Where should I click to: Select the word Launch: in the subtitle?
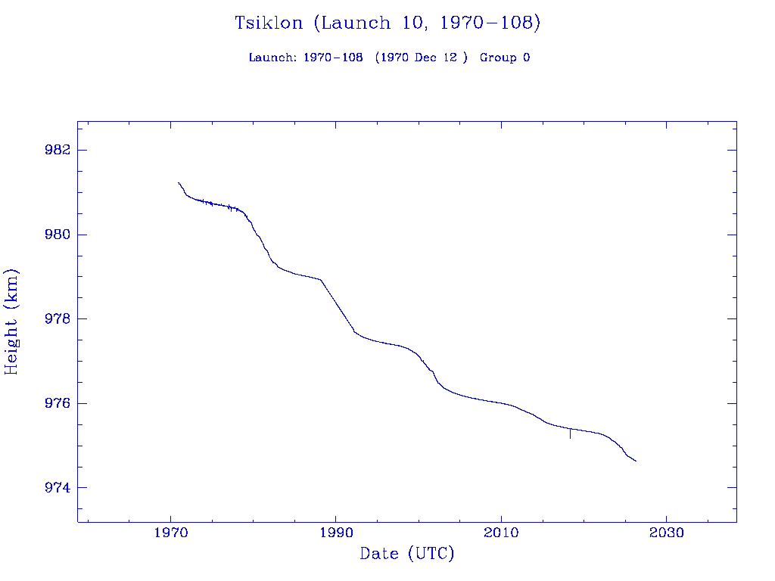tap(272, 57)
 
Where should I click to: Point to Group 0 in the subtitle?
tap(504, 57)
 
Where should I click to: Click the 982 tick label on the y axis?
tap(58, 150)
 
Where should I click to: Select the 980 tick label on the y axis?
tap(58, 235)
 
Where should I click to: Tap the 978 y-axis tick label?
tap(58, 318)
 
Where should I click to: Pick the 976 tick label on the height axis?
tap(58, 403)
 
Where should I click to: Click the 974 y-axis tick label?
tap(58, 488)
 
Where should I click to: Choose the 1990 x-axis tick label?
tap(336, 533)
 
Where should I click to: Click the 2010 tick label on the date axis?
tap(501, 533)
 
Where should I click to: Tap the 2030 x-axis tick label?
tap(666, 533)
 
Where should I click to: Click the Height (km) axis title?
tap(11, 322)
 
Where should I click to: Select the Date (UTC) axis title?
tap(407, 555)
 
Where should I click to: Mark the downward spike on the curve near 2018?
tap(570, 434)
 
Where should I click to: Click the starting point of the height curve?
tap(179, 182)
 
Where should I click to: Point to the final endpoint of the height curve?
tap(636, 461)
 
